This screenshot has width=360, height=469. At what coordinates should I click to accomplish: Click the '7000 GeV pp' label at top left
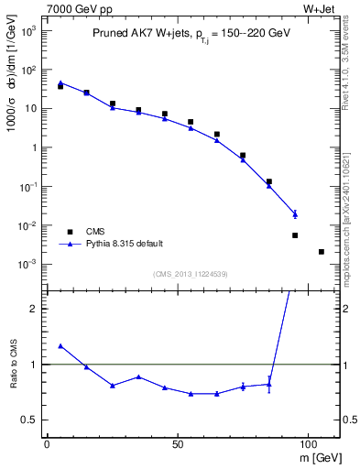[x=72, y=8]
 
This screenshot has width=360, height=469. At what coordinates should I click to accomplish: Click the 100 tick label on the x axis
[x=307, y=443]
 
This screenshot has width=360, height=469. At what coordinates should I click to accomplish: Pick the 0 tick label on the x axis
[x=47, y=443]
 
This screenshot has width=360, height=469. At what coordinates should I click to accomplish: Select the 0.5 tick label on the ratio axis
[x=27, y=420]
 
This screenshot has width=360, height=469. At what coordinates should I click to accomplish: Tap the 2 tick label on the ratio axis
[x=32, y=309]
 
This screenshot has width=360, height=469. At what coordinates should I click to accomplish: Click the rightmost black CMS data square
[x=322, y=252]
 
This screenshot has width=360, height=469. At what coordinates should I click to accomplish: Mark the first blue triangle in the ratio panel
[x=60, y=346]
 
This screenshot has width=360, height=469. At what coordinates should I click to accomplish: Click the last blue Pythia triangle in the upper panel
[x=295, y=213]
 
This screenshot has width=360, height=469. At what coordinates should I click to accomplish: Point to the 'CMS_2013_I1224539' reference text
[x=191, y=273]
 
